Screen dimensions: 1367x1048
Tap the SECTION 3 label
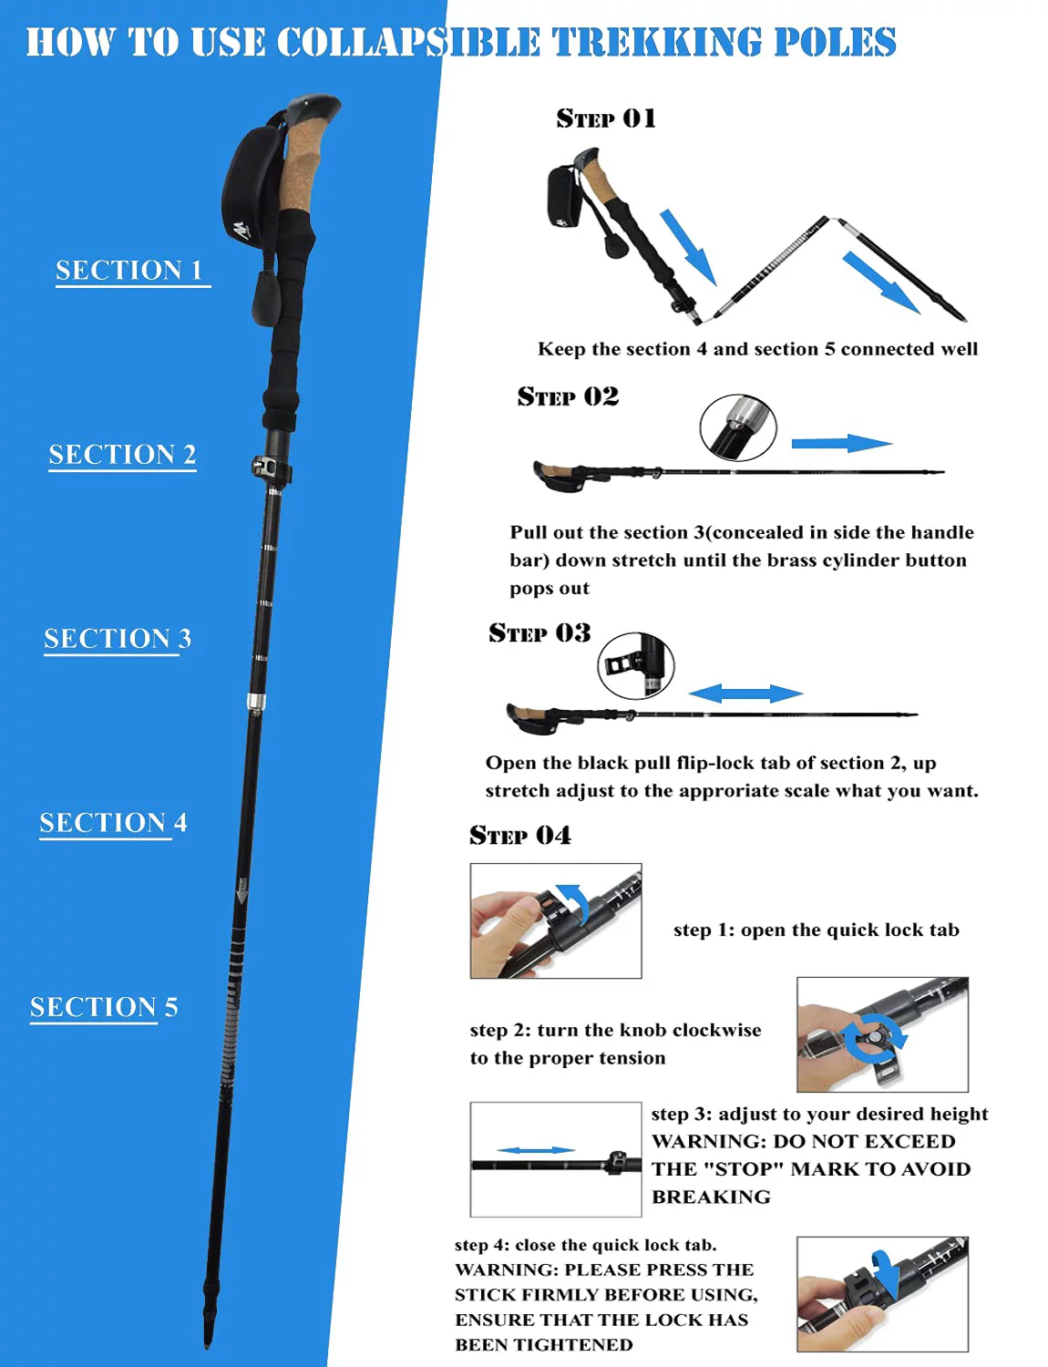pyautogui.click(x=118, y=638)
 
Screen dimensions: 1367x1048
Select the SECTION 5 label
pyautogui.click(x=104, y=1006)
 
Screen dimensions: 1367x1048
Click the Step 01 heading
pyautogui.click(x=606, y=118)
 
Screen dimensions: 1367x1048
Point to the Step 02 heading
pyautogui.click(x=568, y=396)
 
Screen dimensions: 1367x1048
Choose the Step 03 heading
pyautogui.click(x=539, y=632)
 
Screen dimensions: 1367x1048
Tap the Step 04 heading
pyautogui.click(x=520, y=835)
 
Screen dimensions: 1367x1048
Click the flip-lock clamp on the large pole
pyautogui.click(x=270, y=468)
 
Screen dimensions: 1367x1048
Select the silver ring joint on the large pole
pyautogui.click(x=256, y=702)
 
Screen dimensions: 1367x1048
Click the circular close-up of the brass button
pyautogui.click(x=738, y=427)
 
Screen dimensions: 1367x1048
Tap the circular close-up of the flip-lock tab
pyautogui.click(x=635, y=666)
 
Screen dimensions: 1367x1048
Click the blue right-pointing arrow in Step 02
pyautogui.click(x=840, y=444)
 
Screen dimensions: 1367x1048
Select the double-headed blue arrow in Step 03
pyautogui.click(x=745, y=694)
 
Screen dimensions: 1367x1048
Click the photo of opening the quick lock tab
pyautogui.click(x=555, y=920)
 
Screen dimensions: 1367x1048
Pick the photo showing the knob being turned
pyautogui.click(x=881, y=1034)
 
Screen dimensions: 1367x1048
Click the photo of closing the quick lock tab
pyautogui.click(x=881, y=1293)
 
